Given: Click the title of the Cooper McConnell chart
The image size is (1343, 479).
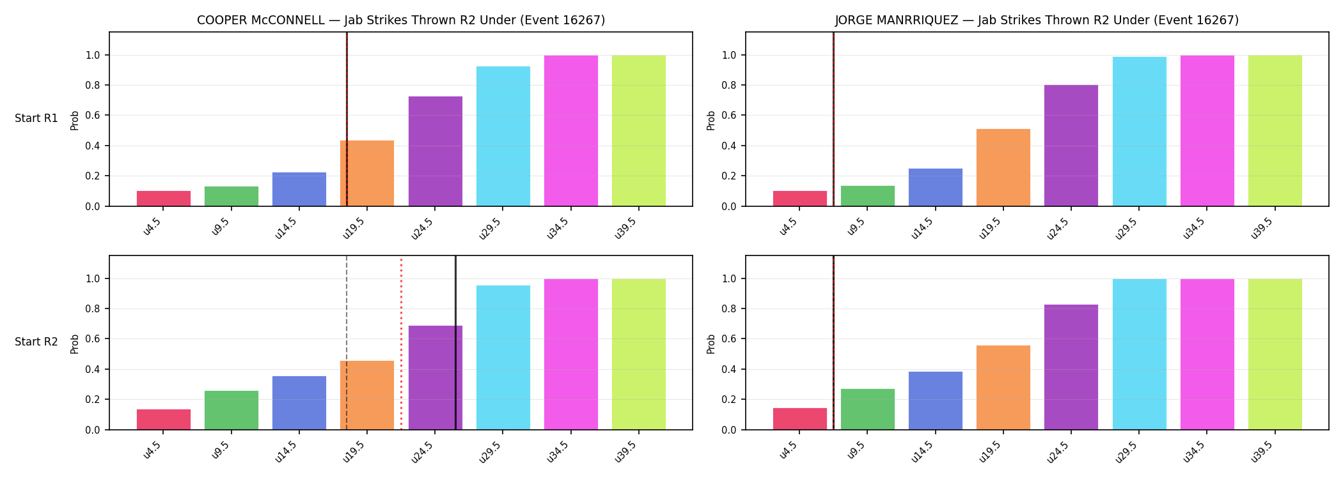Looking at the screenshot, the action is click(401, 20).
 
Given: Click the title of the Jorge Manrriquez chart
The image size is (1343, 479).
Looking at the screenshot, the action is click(1037, 20).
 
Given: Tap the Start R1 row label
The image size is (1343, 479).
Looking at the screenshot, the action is click(36, 118).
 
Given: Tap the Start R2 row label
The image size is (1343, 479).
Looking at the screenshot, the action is click(36, 342).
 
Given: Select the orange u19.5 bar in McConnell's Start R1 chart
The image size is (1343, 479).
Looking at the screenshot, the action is click(367, 173).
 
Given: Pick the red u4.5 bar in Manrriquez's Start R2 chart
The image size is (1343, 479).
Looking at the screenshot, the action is click(800, 419).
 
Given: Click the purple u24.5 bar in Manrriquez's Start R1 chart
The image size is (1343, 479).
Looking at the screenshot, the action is click(1071, 146).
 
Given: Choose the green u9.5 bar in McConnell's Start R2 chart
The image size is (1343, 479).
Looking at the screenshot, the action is click(232, 410).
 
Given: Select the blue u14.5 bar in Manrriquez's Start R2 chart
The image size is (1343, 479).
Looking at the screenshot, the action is click(936, 400).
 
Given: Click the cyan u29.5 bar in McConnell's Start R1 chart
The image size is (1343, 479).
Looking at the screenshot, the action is click(503, 136).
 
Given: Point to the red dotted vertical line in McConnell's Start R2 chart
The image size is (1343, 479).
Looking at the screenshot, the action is click(401, 343).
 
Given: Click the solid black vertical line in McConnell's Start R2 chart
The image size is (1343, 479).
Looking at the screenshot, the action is click(455, 343).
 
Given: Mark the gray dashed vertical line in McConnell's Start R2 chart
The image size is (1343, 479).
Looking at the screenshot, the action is click(347, 343).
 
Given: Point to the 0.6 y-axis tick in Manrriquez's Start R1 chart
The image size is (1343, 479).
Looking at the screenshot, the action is click(729, 116).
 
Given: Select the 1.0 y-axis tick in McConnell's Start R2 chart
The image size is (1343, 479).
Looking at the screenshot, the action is click(93, 279).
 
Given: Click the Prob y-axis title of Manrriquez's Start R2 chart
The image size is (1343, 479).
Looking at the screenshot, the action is click(711, 344).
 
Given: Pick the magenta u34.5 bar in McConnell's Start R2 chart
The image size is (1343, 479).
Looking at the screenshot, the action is click(571, 354).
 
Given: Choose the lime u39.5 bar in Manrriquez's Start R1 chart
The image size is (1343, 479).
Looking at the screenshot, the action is click(1275, 131).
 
